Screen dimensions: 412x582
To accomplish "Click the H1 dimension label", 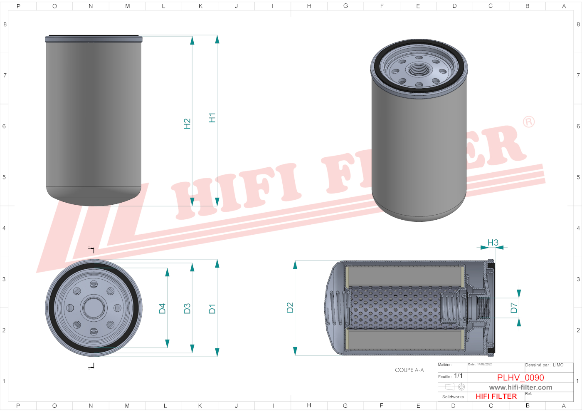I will [212, 118].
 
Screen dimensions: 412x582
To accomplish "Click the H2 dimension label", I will [187, 124].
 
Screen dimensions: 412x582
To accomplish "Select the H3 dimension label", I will [493, 242].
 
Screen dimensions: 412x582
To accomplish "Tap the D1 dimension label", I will [212, 309].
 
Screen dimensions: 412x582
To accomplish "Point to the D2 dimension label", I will [290, 308].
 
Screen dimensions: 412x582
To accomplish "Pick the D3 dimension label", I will [187, 309].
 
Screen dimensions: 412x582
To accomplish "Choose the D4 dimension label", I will [162, 308].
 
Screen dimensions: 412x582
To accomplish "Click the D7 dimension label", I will [514, 308].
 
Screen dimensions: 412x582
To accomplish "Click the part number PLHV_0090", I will [520, 377].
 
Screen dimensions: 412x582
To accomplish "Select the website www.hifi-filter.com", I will [520, 387].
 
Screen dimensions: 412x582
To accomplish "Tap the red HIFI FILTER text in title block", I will [496, 396].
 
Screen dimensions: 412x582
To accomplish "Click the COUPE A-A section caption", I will [409, 370].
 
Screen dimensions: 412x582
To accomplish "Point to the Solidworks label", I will [453, 397].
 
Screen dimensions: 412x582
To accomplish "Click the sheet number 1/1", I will [458, 376].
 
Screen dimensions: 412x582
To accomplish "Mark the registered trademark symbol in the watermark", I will [528, 122].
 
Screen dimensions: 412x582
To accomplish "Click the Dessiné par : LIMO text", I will [544, 365].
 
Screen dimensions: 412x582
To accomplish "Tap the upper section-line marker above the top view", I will [92, 250].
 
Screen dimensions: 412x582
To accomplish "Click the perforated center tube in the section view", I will [395, 308].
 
